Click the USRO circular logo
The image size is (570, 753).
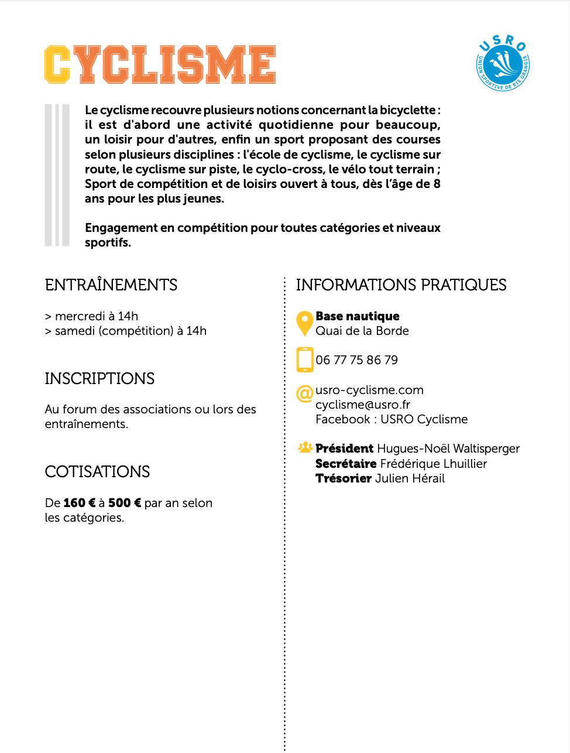(503, 63)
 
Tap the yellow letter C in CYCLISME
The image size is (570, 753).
(57, 64)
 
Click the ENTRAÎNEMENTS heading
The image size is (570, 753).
(111, 285)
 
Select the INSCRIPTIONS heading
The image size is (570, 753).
(99, 379)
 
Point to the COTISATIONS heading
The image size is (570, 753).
(97, 472)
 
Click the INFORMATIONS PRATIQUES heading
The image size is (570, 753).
(401, 285)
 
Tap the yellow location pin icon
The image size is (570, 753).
(304, 323)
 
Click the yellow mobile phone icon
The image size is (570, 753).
(305, 360)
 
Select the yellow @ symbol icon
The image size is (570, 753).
(305, 393)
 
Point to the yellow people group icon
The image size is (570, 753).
(305, 448)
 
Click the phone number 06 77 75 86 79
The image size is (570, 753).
(357, 360)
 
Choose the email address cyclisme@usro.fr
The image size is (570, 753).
(363, 405)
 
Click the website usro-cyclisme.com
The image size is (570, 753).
(369, 390)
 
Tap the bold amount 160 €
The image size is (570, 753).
(79, 503)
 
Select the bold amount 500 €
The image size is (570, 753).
(125, 503)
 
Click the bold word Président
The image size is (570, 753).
(344, 449)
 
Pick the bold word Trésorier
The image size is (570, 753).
(344, 478)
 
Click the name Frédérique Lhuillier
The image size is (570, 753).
(433, 464)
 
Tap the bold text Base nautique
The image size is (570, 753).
(358, 316)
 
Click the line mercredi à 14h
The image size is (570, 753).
(97, 316)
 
